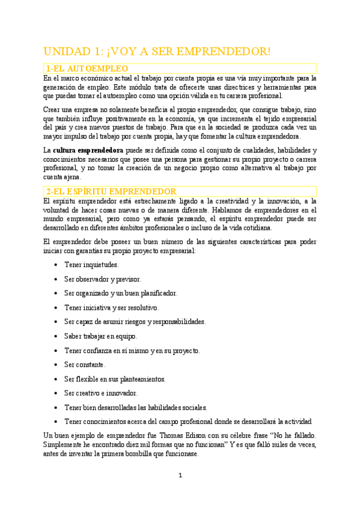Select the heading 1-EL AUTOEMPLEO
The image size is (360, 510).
tap(83, 69)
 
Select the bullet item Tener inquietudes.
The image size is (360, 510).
tap(91, 265)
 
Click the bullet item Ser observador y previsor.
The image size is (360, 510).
tap(103, 279)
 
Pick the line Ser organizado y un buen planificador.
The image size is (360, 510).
tap(121, 293)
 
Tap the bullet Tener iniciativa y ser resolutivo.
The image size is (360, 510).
tap(111, 307)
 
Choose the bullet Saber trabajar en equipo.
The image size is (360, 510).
tap(100, 336)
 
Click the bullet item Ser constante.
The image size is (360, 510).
tap(85, 364)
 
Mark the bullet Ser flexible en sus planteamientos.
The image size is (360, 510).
tap(115, 379)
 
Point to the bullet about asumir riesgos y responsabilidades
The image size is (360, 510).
tap(135, 322)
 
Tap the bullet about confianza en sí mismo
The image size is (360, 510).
tap(132, 350)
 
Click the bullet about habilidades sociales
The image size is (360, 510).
tap(136, 407)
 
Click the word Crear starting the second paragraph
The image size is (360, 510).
tap(53, 109)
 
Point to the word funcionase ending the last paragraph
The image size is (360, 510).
tap(179, 454)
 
